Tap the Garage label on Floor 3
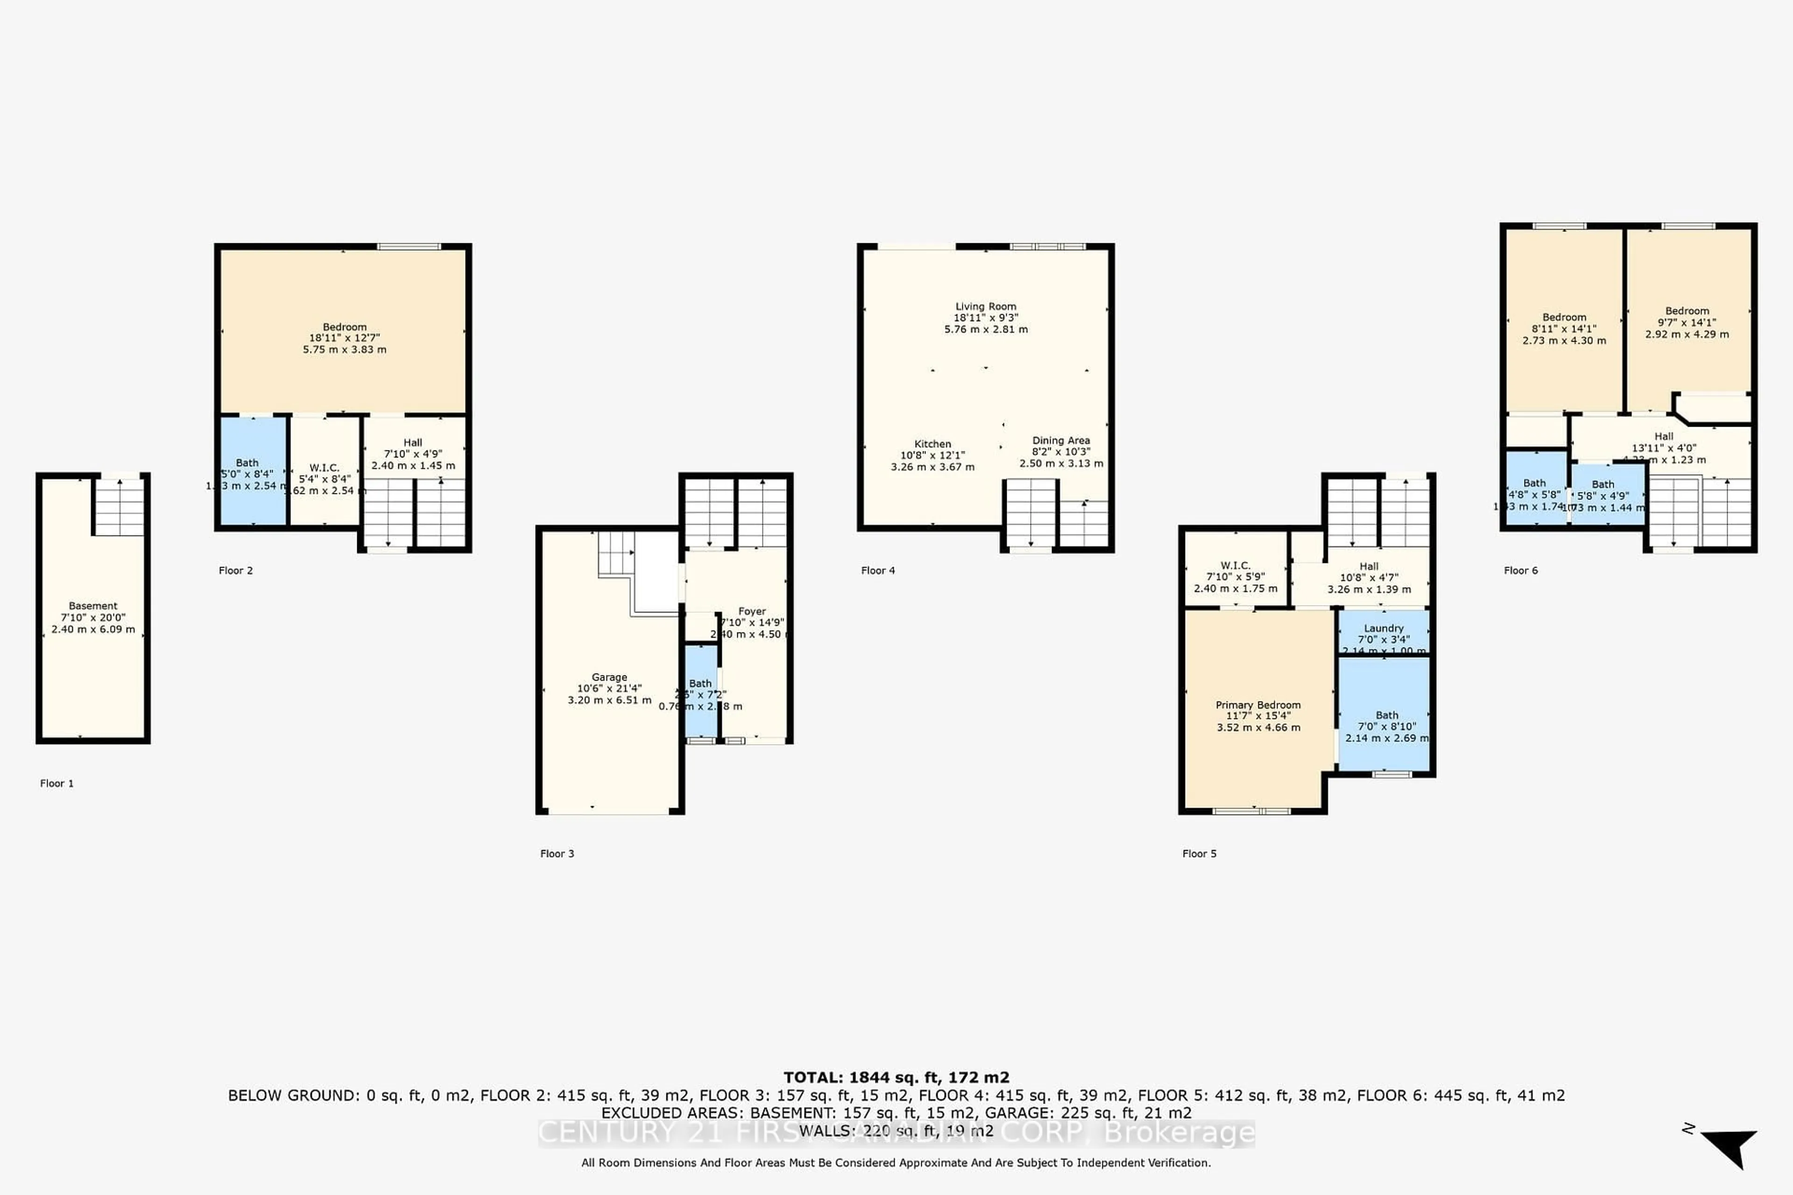(x=609, y=677)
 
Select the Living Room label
(x=986, y=306)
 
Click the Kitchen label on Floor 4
(x=932, y=443)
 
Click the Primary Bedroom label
(x=1258, y=705)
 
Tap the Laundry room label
(x=1384, y=628)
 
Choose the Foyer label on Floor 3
(x=752, y=611)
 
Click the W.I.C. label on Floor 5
(x=1235, y=565)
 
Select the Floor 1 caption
(x=57, y=783)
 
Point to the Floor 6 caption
(x=1520, y=570)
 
